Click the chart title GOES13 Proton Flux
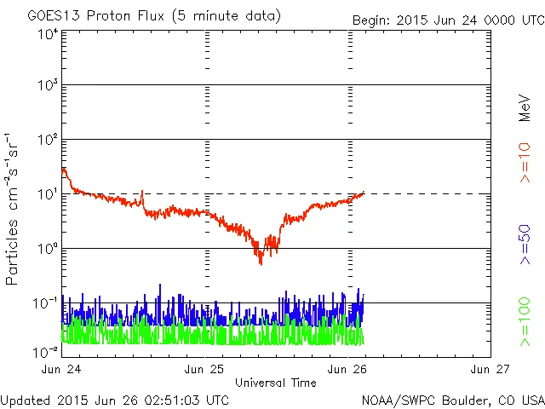[x=154, y=15]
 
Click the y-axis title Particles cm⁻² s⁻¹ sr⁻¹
[x=13, y=209]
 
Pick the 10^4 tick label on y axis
[x=48, y=33]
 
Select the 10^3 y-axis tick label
[x=48, y=85]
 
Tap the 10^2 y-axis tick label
[x=48, y=140]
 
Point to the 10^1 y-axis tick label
[x=48, y=194]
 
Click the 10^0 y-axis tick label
[x=48, y=249]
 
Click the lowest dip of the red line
[x=261, y=263]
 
